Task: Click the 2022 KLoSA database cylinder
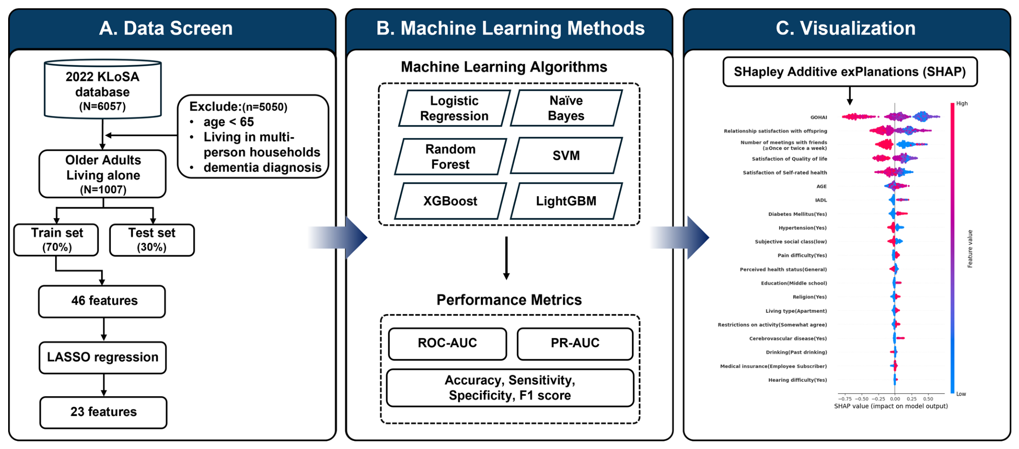coord(103,89)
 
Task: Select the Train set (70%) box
coord(56,240)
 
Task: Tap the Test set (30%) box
coord(152,240)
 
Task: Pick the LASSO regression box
coord(103,357)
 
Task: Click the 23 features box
coord(104,412)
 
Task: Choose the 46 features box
coord(102,301)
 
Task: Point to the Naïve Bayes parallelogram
coord(566,108)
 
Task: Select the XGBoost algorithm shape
coord(450,201)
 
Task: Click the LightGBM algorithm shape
coord(566,201)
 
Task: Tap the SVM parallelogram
coord(566,155)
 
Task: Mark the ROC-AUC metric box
coord(447,343)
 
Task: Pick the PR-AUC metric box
coord(575,343)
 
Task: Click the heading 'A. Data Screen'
coord(166,28)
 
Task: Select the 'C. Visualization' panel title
coord(846,28)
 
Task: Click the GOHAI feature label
coord(819,118)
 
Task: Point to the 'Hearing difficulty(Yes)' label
coord(797,380)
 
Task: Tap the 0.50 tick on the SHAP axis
coord(928,399)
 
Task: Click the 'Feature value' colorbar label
coord(970,248)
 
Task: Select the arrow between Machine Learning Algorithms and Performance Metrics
coord(506,258)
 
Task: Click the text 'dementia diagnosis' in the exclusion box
coord(262,167)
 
